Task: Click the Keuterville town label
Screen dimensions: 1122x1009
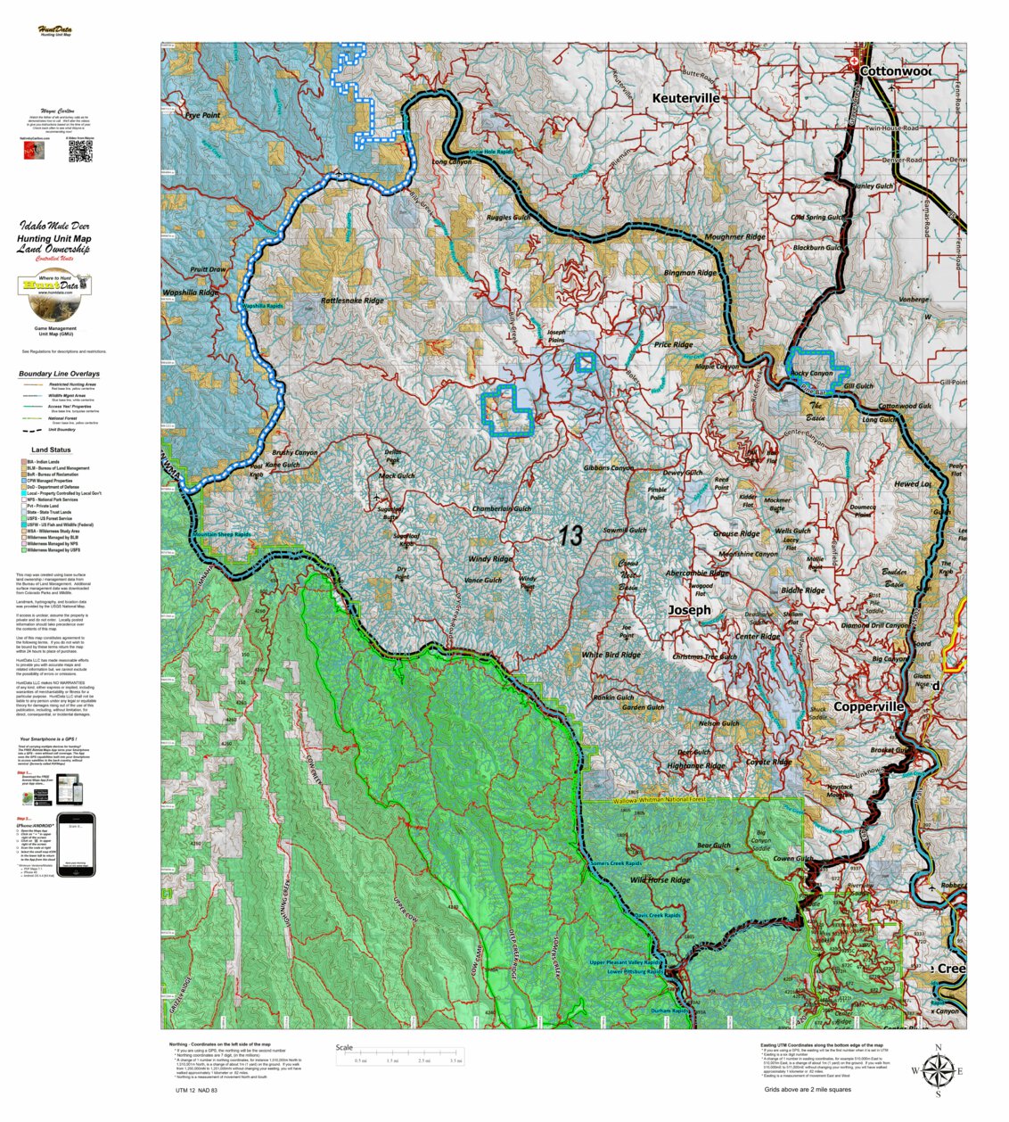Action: (685, 98)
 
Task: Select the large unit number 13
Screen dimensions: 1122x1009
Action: (570, 535)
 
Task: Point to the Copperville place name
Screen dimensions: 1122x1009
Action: (868, 706)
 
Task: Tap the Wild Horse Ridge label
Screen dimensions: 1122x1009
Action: (660, 880)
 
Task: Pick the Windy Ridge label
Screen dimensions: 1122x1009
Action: (489, 559)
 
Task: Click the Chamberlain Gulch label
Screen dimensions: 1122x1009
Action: (501, 509)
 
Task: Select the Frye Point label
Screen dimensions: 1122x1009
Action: (202, 116)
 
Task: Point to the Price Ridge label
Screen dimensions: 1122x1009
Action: (673, 344)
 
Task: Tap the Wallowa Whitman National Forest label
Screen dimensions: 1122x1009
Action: (659, 800)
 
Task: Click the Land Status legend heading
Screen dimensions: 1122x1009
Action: (51, 450)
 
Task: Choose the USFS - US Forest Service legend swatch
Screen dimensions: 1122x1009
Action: (24, 518)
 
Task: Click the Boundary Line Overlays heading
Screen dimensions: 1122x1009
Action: (59, 374)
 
